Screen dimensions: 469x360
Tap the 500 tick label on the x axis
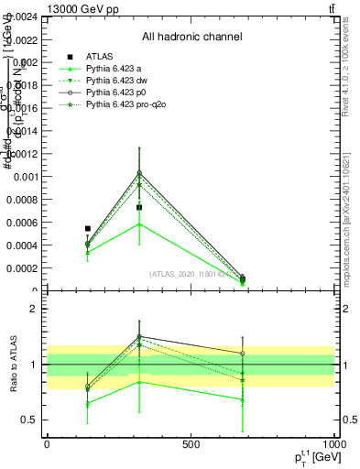191,445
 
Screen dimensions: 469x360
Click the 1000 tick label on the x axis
333,445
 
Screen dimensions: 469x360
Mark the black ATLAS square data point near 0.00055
88,228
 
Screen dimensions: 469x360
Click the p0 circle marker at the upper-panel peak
139,172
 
